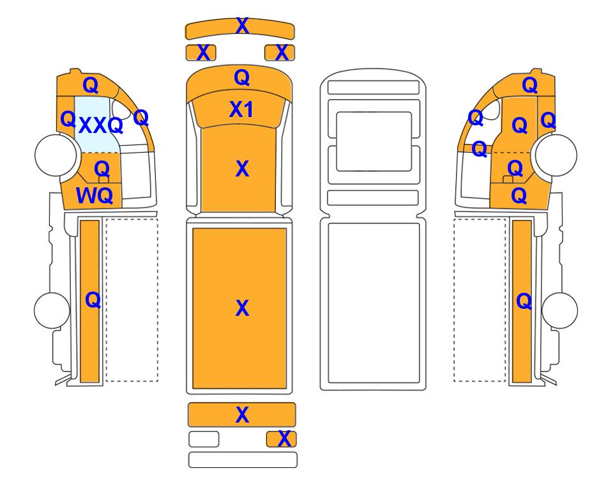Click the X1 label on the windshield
tap(241, 109)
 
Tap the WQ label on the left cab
tap(95, 195)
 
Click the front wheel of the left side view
tap(56, 155)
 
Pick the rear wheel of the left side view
tap(52, 310)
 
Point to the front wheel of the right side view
tap(556, 155)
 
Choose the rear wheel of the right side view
tap(559, 310)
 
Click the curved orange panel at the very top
tap(240, 28)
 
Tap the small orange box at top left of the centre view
tap(201, 52)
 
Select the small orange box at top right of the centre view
tap(280, 52)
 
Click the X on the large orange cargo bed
tap(242, 308)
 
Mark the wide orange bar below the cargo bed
tap(241, 414)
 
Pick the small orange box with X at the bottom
tap(281, 439)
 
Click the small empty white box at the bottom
tap(204, 439)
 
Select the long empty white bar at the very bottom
tap(243, 460)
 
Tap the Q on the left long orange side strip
tap(93, 300)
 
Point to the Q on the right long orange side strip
tap(524, 302)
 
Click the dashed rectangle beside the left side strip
tap(132, 300)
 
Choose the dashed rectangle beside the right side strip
tap(480, 300)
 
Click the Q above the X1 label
tap(242, 77)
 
